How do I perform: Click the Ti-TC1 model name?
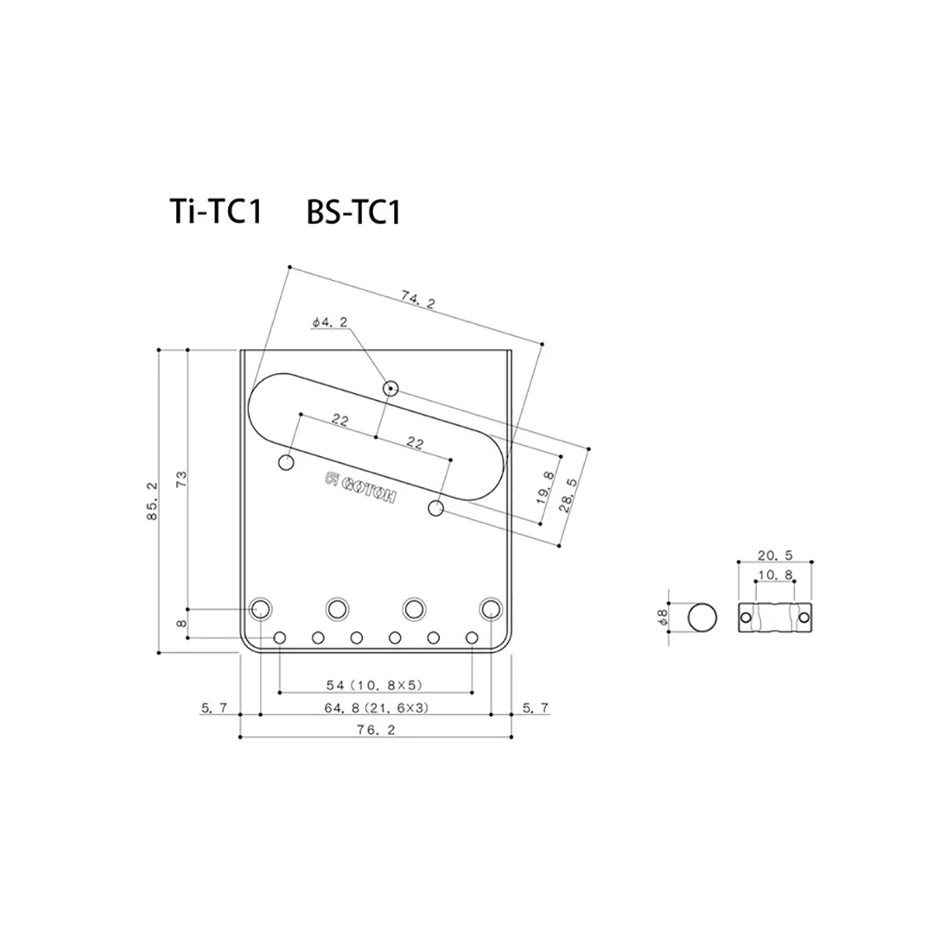point(216,211)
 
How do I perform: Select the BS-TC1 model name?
point(354,212)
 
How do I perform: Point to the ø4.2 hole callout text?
point(330,322)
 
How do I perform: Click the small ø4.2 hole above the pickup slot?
point(390,389)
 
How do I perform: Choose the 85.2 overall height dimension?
point(152,501)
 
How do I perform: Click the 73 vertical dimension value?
point(181,479)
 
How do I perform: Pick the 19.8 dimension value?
point(545,488)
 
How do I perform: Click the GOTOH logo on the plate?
point(360,488)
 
